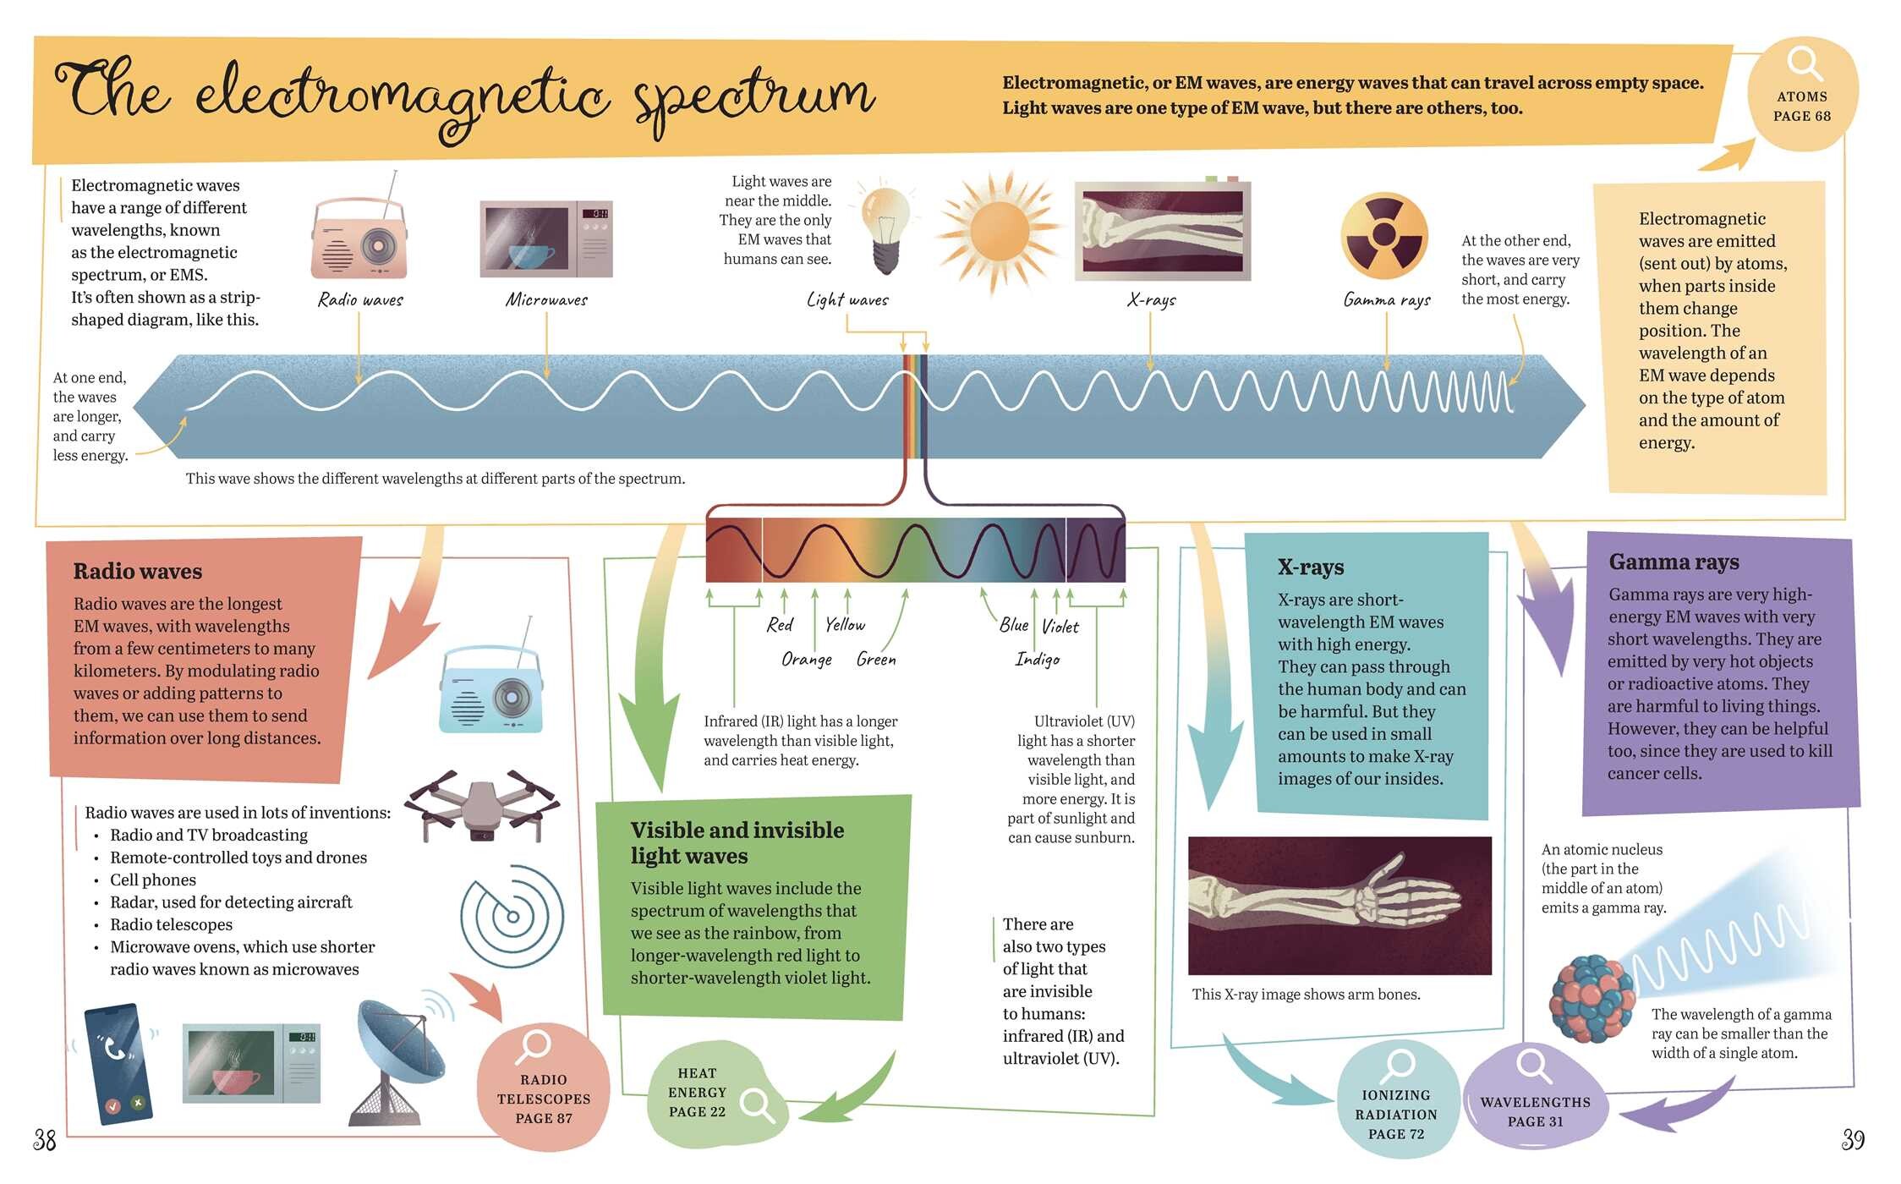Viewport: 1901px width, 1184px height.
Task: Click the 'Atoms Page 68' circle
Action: click(x=1802, y=94)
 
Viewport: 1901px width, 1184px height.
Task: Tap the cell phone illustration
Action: click(x=118, y=1064)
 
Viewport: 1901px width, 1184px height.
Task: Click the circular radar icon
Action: click(x=512, y=916)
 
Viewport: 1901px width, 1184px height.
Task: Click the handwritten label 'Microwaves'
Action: click(x=546, y=299)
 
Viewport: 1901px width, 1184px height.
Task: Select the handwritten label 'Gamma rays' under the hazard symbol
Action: click(x=1387, y=299)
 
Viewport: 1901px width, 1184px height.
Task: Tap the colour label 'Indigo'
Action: click(x=1038, y=659)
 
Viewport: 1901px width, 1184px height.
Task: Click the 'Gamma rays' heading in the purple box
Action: click(x=1674, y=562)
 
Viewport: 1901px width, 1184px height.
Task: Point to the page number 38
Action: click(x=45, y=1140)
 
